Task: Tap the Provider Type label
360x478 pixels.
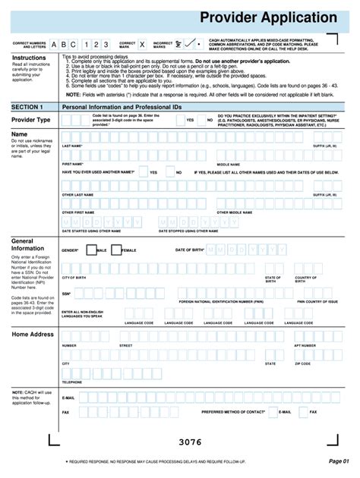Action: pos(31,120)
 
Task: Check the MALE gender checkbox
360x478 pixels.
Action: pos(91,250)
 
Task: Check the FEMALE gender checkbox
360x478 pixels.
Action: pos(115,250)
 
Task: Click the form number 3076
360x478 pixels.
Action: pos(189,442)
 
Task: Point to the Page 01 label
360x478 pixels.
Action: pos(338,461)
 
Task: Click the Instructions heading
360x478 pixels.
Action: pos(30,58)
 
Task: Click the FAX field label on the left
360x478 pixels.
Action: pos(65,412)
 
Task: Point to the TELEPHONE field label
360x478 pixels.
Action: pos(72,382)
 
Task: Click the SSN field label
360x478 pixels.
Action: pos(66,293)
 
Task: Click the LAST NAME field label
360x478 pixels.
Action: pos(72,146)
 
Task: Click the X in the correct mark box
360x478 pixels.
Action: pos(141,45)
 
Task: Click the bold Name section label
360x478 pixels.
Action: pos(20,134)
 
